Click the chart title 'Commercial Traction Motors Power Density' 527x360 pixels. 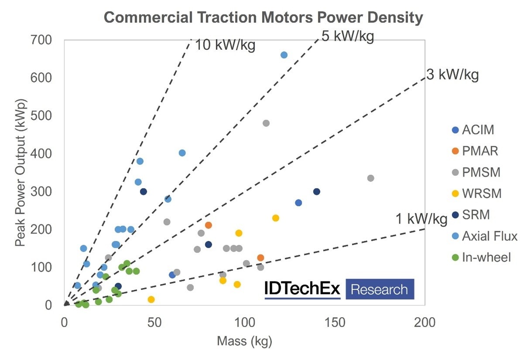[263, 18]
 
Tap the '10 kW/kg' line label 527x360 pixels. [225, 45]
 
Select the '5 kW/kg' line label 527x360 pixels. [348, 36]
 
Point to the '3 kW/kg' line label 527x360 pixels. [452, 75]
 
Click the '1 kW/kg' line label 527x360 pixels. [421, 219]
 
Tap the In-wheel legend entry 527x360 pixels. [481, 257]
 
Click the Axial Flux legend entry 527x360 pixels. [484, 236]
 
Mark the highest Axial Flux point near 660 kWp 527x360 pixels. [284, 55]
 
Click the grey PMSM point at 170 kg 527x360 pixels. [371, 178]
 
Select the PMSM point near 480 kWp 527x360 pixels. [266, 123]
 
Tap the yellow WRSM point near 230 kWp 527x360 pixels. [276, 218]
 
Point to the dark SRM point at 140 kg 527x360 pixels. [317, 192]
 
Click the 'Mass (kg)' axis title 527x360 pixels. [244, 342]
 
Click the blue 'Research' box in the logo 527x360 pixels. [380, 289]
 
